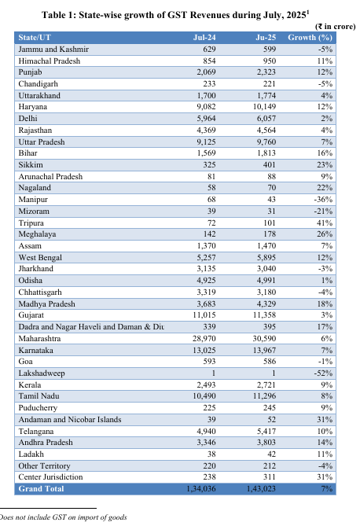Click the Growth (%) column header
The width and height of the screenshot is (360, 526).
[x=310, y=38]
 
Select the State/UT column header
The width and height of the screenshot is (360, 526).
[x=35, y=38]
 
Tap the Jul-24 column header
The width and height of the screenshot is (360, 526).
[x=204, y=38]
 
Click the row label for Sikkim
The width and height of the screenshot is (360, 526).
[x=31, y=164]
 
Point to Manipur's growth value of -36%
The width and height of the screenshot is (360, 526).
[x=323, y=199]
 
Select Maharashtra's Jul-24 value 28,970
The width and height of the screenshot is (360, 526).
[x=204, y=338]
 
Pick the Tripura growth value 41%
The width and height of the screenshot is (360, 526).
[x=325, y=223]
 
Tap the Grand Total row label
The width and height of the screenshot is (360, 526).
[x=41, y=489]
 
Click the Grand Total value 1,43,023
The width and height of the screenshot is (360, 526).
[x=261, y=489]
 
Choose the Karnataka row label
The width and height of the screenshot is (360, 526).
[x=35, y=350]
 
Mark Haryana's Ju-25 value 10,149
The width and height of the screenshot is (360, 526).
[x=264, y=107]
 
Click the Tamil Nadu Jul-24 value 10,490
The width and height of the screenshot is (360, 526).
[x=204, y=395]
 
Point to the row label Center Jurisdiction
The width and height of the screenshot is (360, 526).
[x=50, y=476]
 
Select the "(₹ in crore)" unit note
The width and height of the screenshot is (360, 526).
[x=335, y=27]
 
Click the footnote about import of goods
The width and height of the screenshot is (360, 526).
[x=63, y=517]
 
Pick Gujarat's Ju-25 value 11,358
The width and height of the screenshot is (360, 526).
[x=264, y=315]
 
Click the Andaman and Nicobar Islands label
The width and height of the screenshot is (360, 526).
[x=70, y=419]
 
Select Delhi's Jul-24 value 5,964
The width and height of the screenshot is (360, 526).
[x=207, y=119]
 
